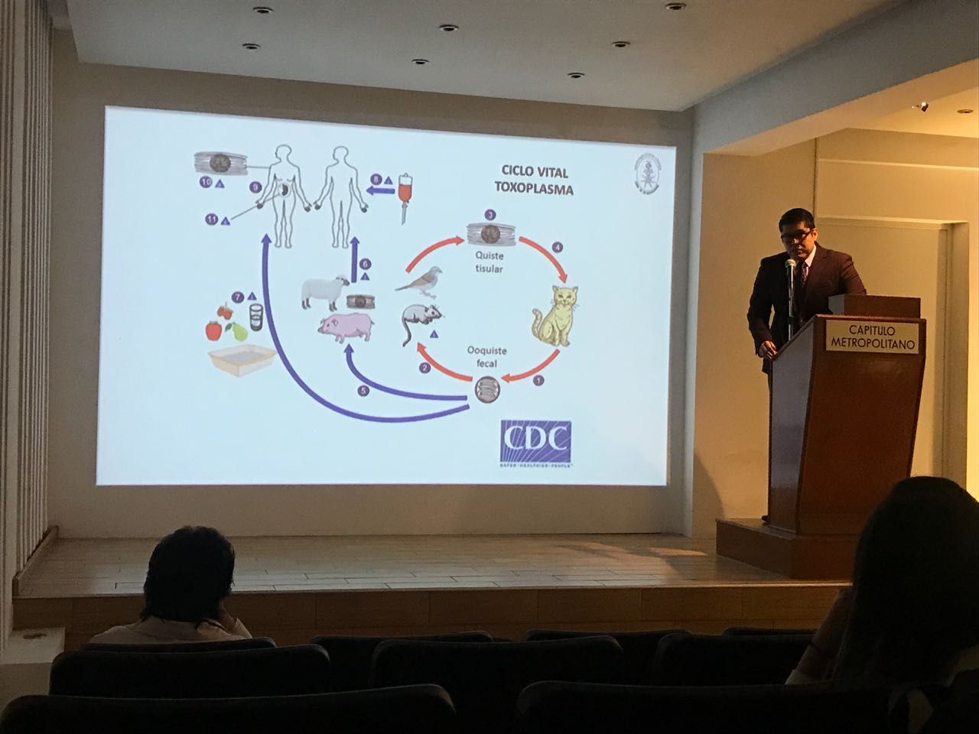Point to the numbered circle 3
coord(490,216)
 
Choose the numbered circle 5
coord(364,391)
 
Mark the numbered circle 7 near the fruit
coord(239,297)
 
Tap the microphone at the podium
coord(791,267)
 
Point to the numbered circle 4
coord(558,248)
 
